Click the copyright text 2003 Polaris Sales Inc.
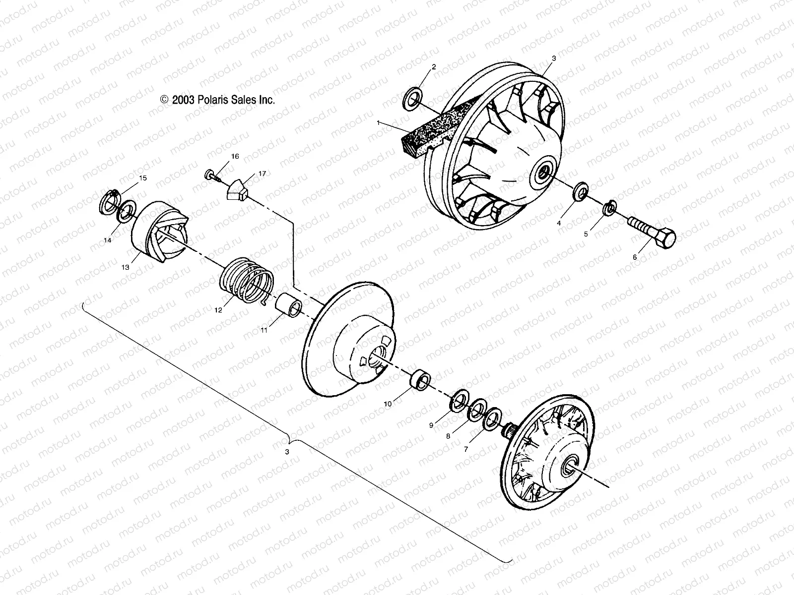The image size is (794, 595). pos(217,100)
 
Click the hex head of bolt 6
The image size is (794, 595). pos(664,239)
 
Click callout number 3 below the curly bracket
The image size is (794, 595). pos(287,452)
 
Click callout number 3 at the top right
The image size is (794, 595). pos(554,59)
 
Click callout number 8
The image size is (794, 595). pos(448,436)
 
